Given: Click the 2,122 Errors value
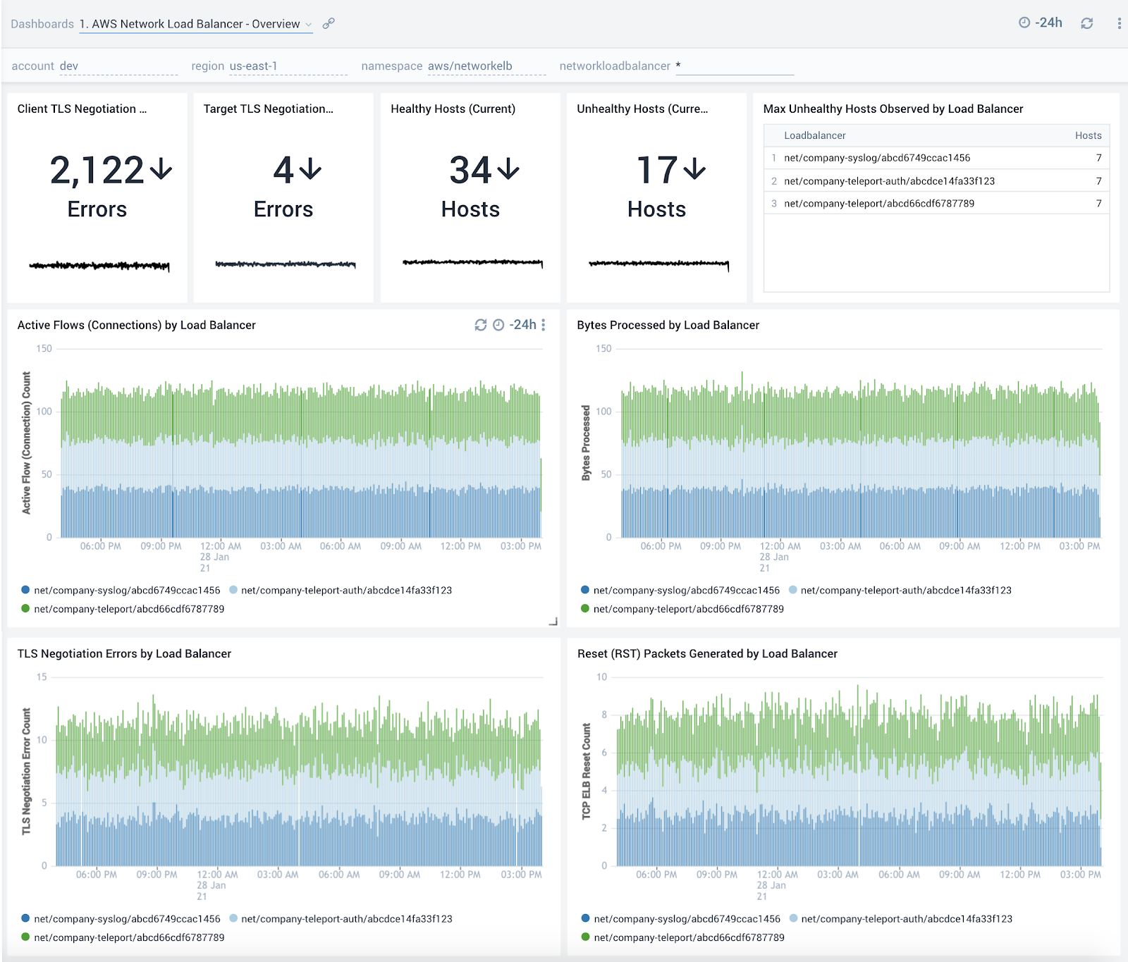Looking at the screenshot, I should (97, 171).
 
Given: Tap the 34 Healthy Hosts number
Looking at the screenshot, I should (471, 171).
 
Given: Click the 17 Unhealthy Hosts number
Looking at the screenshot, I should (657, 171).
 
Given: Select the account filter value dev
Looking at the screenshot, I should (69, 66).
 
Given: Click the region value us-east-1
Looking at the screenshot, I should (254, 66).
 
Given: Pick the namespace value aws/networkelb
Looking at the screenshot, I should (470, 66).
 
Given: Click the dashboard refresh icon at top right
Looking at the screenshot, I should (1087, 23).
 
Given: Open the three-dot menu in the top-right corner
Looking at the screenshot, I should (1119, 23).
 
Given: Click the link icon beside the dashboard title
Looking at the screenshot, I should (329, 23).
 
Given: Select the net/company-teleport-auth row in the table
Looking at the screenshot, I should (889, 181).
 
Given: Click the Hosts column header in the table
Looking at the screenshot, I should (1088, 135).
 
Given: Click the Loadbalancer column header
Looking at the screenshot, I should (814, 135).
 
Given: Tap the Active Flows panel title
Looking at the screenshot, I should (137, 325).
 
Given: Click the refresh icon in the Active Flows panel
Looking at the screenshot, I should (481, 325).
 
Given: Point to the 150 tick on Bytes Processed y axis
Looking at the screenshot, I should (603, 348).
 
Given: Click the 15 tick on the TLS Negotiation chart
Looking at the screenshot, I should (42, 677).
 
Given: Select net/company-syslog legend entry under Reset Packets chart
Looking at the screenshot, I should (687, 919).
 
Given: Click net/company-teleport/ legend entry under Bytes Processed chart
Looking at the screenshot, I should (688, 609).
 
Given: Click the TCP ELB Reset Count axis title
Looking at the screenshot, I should (586, 771).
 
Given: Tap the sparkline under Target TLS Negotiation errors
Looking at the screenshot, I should (285, 264).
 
